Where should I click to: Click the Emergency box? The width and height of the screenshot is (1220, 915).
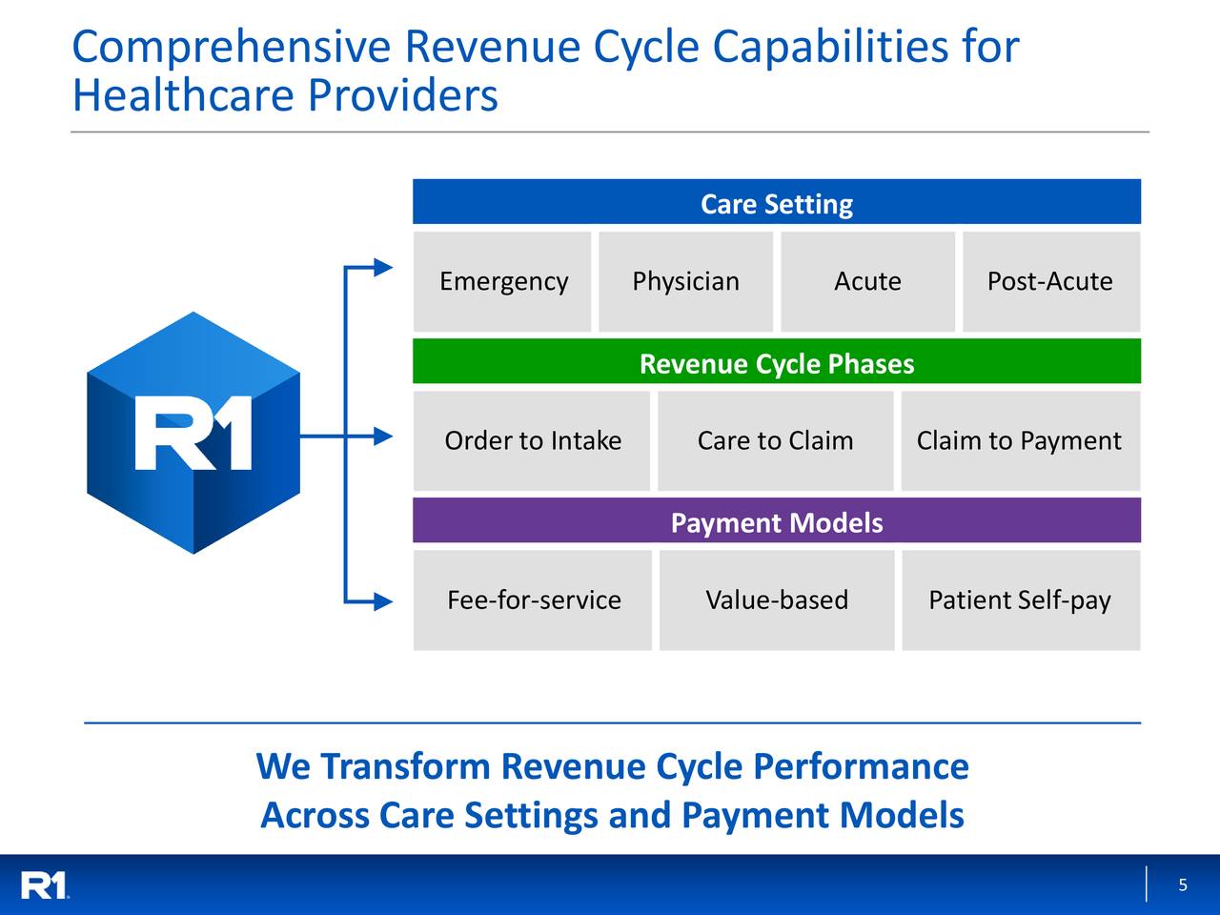(502, 282)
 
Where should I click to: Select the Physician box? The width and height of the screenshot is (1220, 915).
(685, 282)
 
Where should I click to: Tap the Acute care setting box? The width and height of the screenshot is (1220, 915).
(867, 282)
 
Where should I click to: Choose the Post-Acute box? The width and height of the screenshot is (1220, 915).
(1050, 282)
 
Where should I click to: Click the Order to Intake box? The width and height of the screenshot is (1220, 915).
(532, 441)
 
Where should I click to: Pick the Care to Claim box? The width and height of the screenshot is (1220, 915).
(775, 441)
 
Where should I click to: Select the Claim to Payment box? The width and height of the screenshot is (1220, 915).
(1019, 441)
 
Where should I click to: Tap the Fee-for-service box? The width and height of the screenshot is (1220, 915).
(533, 600)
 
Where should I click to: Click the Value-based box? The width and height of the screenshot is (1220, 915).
(776, 600)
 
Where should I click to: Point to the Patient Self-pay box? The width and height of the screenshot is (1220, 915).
(1020, 600)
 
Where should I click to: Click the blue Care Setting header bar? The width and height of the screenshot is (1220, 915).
(776, 203)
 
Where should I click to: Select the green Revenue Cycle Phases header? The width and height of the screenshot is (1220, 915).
(776, 362)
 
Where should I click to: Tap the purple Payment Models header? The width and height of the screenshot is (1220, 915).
(776, 521)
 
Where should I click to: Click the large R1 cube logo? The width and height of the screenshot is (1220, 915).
(193, 434)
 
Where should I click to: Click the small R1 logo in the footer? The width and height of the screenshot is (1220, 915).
(45, 885)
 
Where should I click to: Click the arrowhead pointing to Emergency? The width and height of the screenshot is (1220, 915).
(383, 268)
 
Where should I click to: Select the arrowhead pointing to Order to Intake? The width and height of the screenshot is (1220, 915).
(383, 437)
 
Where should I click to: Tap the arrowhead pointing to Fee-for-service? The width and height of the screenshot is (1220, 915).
(383, 601)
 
